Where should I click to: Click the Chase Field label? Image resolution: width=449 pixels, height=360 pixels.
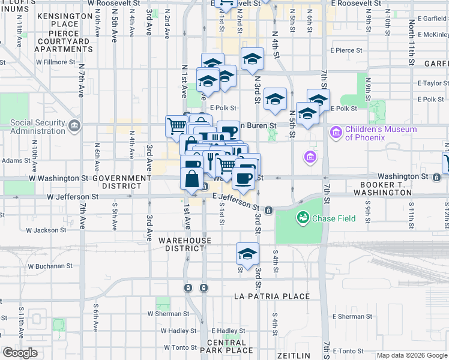pyautogui.click(x=334, y=218)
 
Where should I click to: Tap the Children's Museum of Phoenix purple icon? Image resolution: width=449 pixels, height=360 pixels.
pyautogui.click(x=335, y=130)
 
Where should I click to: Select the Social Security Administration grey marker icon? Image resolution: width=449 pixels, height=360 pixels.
pyautogui.click(x=74, y=125)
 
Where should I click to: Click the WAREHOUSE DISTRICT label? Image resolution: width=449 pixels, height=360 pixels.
pyautogui.click(x=185, y=244)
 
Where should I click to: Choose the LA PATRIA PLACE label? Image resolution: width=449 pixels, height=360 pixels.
pyautogui.click(x=272, y=296)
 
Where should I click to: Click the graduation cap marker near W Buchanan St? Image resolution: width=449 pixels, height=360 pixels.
pyautogui.click(x=247, y=254)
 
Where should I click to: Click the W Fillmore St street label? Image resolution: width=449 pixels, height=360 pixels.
pyautogui.click(x=55, y=61)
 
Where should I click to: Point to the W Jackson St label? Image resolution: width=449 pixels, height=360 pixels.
pyautogui.click(x=47, y=230)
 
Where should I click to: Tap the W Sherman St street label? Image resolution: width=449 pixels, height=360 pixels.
pyautogui.click(x=169, y=313)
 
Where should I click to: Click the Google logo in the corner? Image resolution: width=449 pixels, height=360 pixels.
pyautogui.click(x=20, y=353)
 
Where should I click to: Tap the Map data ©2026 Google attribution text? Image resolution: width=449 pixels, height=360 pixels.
pyautogui.click(x=412, y=356)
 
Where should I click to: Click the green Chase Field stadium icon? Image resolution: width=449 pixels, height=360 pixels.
pyautogui.click(x=303, y=217)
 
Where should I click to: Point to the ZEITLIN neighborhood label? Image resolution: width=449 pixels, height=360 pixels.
pyautogui.click(x=294, y=356)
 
